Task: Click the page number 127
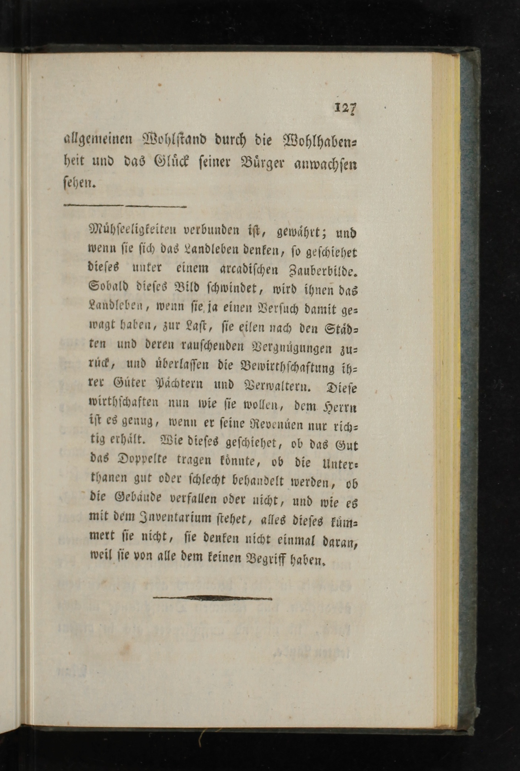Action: click(x=345, y=108)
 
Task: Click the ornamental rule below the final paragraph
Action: click(x=212, y=598)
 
